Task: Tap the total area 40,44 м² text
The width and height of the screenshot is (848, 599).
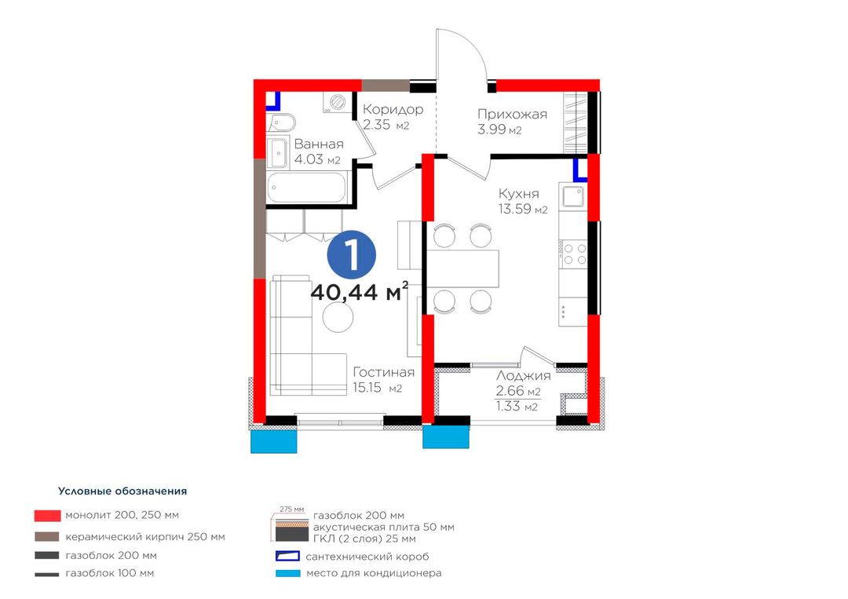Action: pos(359,292)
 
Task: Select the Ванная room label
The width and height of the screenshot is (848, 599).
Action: pos(319,144)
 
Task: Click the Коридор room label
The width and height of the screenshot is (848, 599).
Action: pos(393,109)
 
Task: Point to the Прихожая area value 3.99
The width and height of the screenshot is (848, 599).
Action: pos(492,130)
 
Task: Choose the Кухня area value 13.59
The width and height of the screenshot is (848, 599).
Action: pos(515,209)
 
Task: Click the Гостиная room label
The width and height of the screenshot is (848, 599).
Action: pos(384,372)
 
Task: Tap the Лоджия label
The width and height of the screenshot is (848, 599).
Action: pos(523,376)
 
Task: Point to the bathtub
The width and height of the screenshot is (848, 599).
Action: pos(306,188)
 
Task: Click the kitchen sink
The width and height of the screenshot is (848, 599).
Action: pos(573,196)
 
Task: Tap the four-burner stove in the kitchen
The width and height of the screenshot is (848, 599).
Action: pos(574,254)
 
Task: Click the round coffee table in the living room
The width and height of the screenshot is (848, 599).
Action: pos(338,317)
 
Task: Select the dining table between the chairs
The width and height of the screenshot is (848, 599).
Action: pos(462,268)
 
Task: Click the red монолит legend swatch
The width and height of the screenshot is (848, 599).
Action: pos(48,515)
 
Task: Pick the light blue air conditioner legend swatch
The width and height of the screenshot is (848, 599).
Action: pos(287,573)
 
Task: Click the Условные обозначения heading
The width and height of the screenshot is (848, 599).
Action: pos(122,491)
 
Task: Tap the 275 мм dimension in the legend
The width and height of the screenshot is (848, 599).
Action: pos(291,510)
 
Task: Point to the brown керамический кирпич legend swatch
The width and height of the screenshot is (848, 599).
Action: pos(47,537)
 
